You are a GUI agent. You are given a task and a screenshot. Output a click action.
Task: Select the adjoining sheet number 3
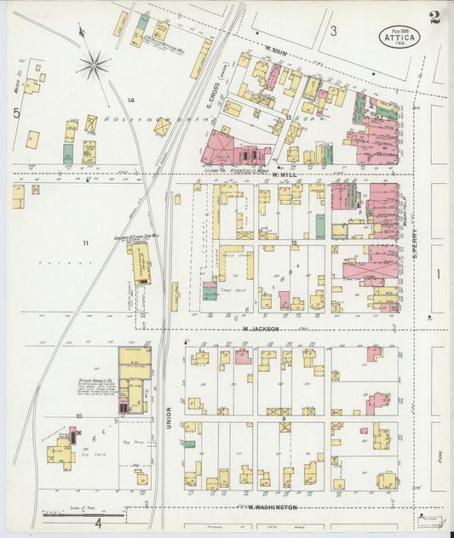(334, 31)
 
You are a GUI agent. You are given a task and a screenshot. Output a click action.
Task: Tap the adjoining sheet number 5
(15, 112)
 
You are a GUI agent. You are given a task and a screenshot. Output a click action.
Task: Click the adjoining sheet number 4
(98, 522)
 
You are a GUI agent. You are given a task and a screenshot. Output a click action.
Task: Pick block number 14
(130, 100)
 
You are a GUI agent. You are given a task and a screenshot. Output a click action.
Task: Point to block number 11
(85, 243)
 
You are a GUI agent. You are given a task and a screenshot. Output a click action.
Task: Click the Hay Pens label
(133, 443)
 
